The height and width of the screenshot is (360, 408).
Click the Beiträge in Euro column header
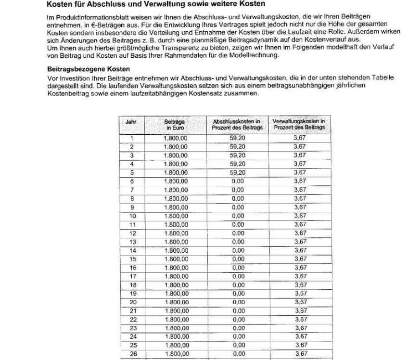175,125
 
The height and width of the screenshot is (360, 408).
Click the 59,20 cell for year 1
238,138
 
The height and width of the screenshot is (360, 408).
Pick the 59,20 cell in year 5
238,172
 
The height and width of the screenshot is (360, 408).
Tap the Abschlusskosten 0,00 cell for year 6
238,181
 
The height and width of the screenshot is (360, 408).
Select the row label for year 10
132,216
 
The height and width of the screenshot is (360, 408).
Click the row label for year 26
132,354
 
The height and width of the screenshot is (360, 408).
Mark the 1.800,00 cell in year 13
175,242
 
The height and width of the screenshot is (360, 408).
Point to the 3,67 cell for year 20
300,302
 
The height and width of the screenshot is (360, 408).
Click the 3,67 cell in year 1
300,138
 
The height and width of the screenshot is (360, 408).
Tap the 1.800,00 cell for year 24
175,336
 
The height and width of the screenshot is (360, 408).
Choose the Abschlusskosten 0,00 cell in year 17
238,276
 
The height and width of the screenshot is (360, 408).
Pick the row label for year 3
131,155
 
